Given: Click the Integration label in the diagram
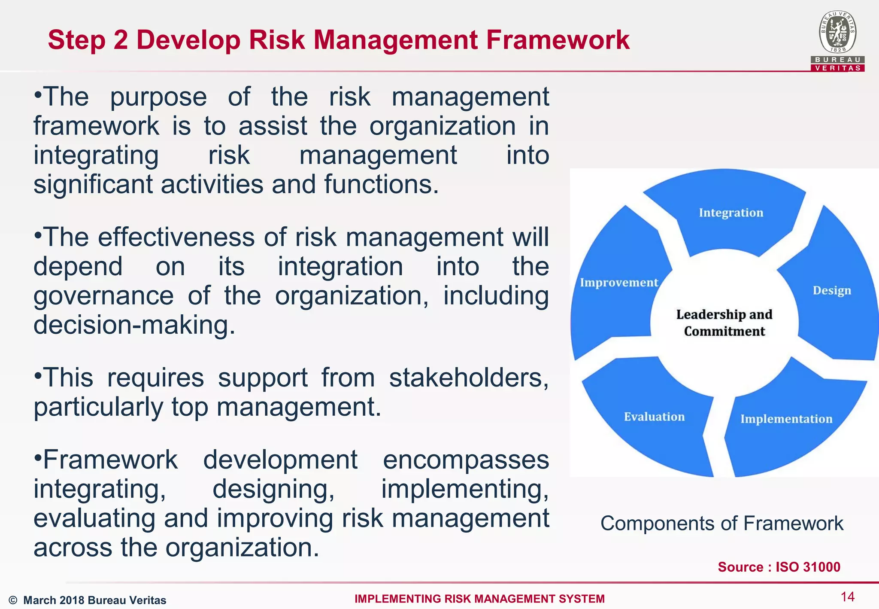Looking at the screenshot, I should [x=731, y=213].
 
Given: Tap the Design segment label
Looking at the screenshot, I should [x=831, y=291].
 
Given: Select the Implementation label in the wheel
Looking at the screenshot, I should [x=786, y=419].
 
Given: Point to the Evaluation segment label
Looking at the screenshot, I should [x=654, y=417].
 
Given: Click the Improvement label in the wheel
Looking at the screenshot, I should [x=618, y=283].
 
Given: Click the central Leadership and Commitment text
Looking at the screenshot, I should [x=724, y=323].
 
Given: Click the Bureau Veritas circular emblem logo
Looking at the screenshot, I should [x=837, y=32].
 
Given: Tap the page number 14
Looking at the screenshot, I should [x=847, y=597].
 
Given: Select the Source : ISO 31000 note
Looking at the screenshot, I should [x=779, y=567].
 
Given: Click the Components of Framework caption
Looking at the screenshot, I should [x=721, y=524].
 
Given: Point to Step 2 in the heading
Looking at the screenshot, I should [x=88, y=40].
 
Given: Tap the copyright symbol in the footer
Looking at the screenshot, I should [x=13, y=600].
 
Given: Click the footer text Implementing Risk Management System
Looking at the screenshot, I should [x=479, y=599].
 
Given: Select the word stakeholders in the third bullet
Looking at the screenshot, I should [x=468, y=378].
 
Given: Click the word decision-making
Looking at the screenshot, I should [x=134, y=325].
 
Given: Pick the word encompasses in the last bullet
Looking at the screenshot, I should [x=466, y=460].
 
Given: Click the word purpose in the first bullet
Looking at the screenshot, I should [x=158, y=97].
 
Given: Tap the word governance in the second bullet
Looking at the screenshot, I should [x=103, y=296].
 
